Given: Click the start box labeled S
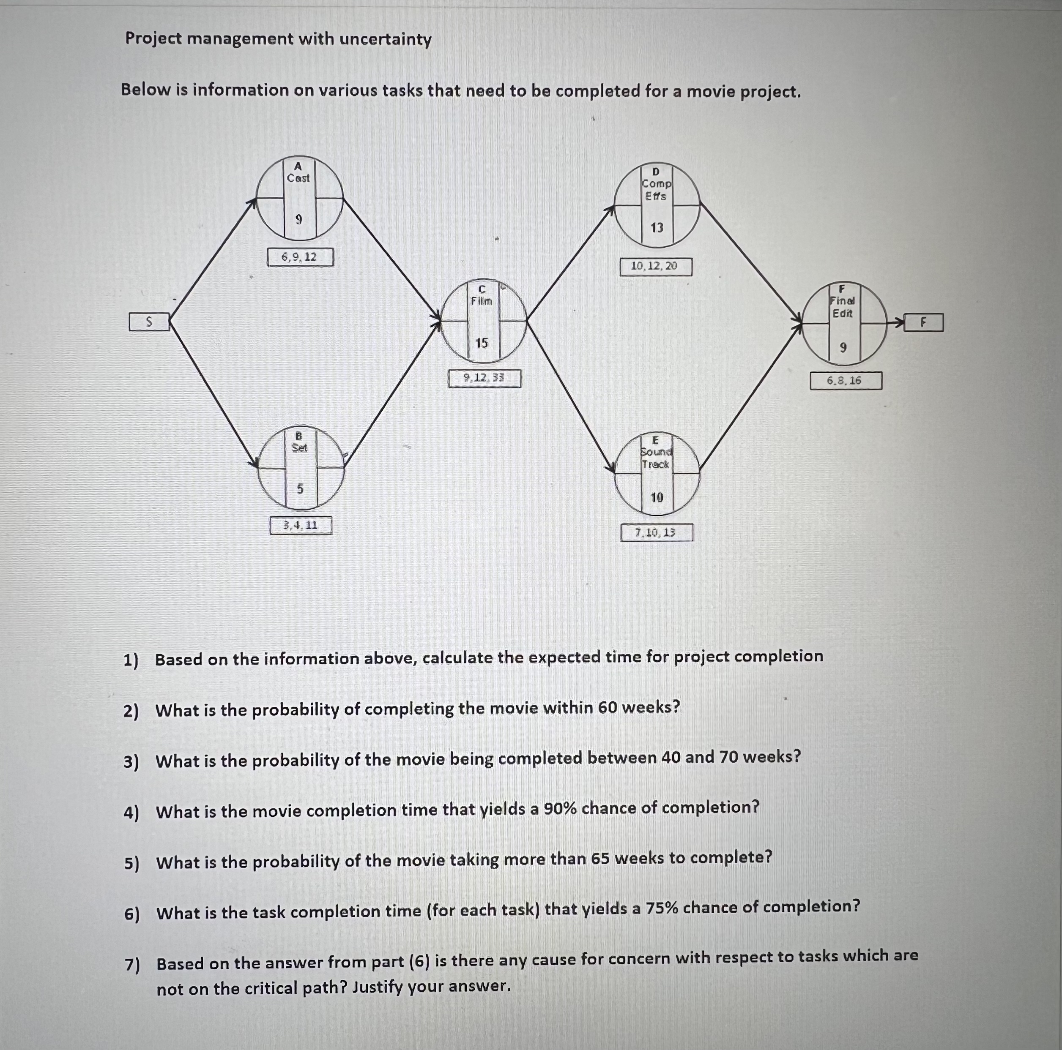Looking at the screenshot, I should [149, 322].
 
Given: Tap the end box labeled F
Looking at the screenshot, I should [923, 322].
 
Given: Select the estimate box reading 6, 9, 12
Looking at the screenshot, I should [300, 256].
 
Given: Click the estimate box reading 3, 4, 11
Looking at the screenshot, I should [301, 525].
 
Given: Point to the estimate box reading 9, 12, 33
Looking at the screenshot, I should [484, 378].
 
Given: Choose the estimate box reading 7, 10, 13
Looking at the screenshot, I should [656, 532].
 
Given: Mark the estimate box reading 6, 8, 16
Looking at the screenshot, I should [846, 380].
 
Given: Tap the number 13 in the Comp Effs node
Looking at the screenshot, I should [657, 227].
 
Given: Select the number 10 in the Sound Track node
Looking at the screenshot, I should [657, 497].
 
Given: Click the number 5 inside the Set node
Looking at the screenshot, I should [300, 488].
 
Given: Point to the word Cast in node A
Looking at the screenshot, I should [298, 178].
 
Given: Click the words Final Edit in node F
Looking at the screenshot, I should [843, 307].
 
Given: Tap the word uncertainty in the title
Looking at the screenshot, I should [385, 40].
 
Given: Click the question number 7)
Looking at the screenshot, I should [132, 965].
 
